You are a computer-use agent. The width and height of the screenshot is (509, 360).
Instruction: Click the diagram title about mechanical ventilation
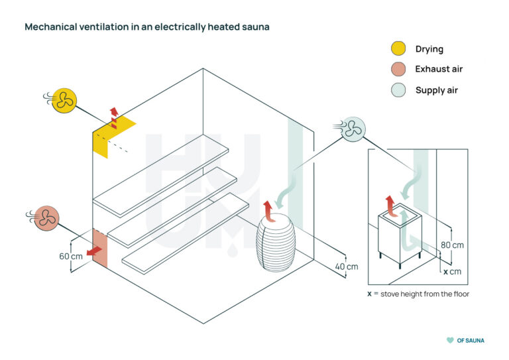tap(146, 27)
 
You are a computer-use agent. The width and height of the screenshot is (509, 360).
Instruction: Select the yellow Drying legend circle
tap(398, 48)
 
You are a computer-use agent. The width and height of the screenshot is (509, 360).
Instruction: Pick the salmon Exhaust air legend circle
tap(398, 69)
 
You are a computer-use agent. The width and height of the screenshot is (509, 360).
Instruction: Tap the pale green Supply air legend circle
tap(398, 90)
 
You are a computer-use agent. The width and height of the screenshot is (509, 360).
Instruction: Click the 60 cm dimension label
tap(72, 257)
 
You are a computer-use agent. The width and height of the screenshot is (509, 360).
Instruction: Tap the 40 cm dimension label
tap(346, 267)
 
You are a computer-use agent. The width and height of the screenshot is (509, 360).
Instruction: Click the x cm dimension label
tap(453, 272)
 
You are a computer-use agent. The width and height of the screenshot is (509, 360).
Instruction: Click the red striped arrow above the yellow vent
tap(113, 117)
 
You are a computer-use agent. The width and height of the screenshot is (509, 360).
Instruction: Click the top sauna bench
tap(161, 178)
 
